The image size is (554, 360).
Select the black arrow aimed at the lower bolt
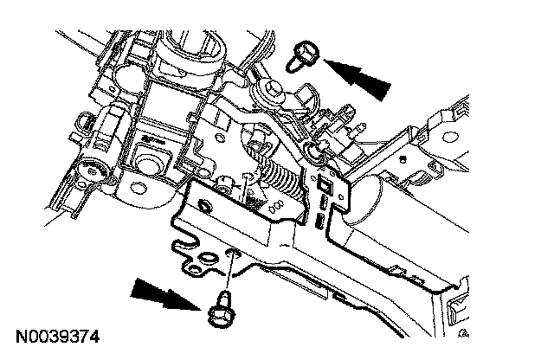pos(164,296)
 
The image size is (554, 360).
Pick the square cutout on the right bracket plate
pos(325,184)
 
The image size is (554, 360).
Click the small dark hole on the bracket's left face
pos(206,205)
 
